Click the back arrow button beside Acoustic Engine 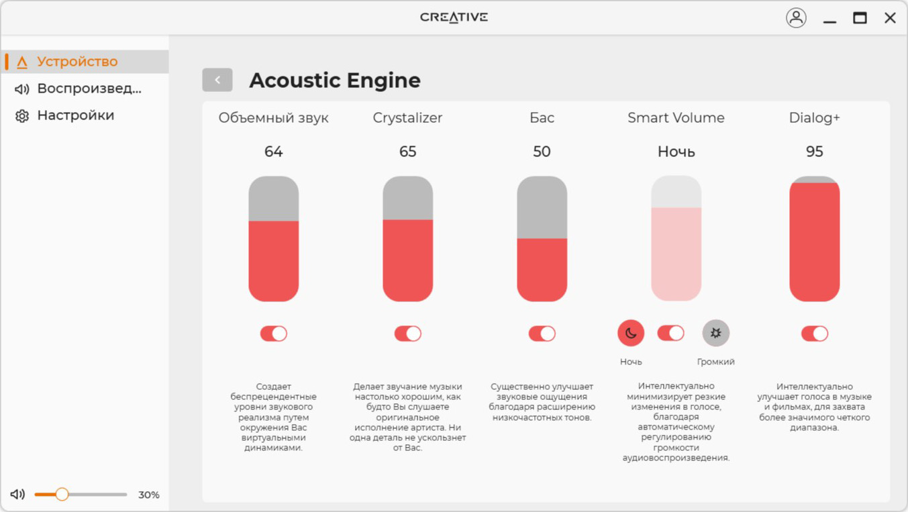217,80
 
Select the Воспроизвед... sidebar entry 79,89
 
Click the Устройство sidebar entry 67,62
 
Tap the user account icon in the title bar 796,18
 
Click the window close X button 890,18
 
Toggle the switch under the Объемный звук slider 274,334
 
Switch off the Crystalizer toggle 408,334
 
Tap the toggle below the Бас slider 542,334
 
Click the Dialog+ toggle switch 815,334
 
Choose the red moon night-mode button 631,334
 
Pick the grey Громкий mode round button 716,334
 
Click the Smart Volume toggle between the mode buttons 671,334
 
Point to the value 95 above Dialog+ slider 814,152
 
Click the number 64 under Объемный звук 274,152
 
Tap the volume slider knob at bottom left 62,494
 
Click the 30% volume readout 149,495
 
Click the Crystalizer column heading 407,118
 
